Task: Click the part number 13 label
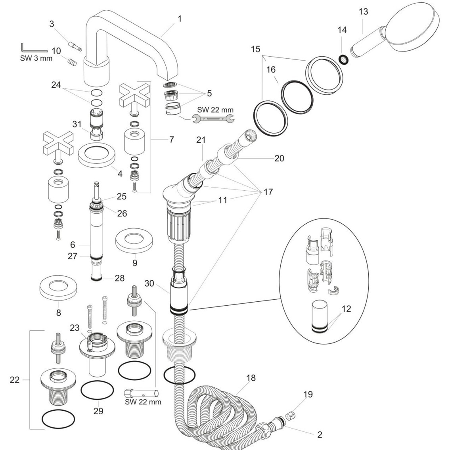363,12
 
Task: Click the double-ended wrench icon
213,118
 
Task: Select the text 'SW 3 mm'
36,58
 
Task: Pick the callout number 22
15,380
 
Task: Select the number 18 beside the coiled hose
251,378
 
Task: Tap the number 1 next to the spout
180,19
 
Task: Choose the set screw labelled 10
72,62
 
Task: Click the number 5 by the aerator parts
209,93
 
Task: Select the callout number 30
149,283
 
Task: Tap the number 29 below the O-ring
98,411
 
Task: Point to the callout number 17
268,192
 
